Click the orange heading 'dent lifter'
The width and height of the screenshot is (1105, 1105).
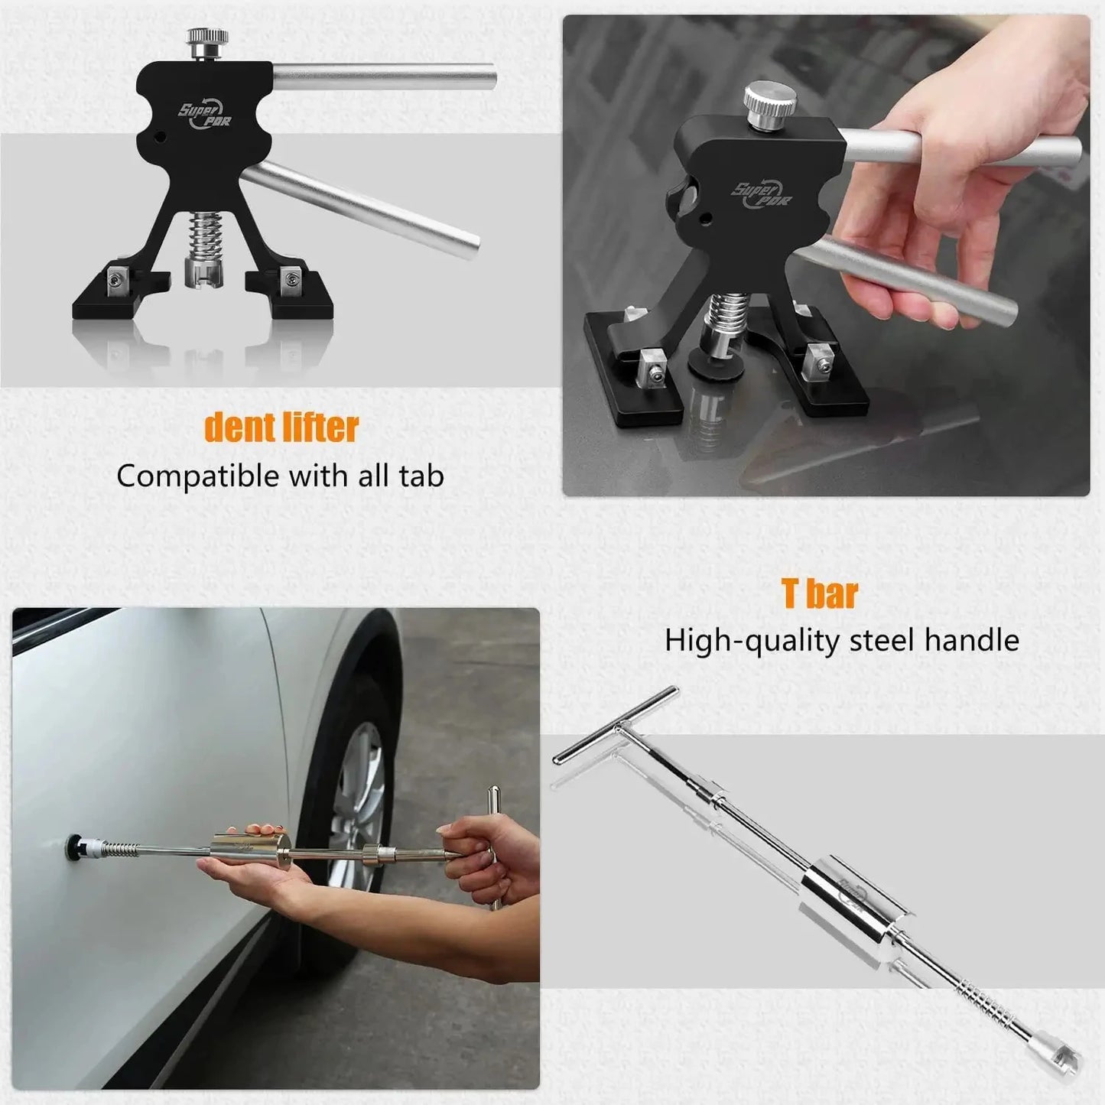(x=281, y=427)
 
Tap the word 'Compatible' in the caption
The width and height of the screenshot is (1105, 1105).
(x=197, y=476)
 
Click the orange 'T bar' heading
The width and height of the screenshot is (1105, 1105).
(x=820, y=593)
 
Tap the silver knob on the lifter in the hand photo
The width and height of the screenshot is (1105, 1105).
(x=769, y=106)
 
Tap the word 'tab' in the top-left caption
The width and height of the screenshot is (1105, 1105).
(x=421, y=476)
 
